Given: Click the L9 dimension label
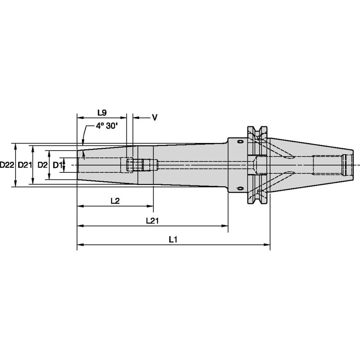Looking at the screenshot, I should pos(102,113).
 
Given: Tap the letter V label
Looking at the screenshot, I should pos(154,118).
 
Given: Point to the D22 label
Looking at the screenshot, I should pos(7,165).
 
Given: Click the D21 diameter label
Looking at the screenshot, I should pos(25,165).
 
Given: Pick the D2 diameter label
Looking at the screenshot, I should pos(42,165).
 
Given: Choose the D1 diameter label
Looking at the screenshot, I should pos(57,165).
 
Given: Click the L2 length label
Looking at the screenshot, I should pos(115,201).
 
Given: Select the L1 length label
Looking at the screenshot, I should pos(173,239).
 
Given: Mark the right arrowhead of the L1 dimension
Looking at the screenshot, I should pos(267,244).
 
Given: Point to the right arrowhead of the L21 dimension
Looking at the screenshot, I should pos(225,226).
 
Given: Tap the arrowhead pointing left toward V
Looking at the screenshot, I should pos(135,118).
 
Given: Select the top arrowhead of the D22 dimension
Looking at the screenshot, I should pos(16,146).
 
